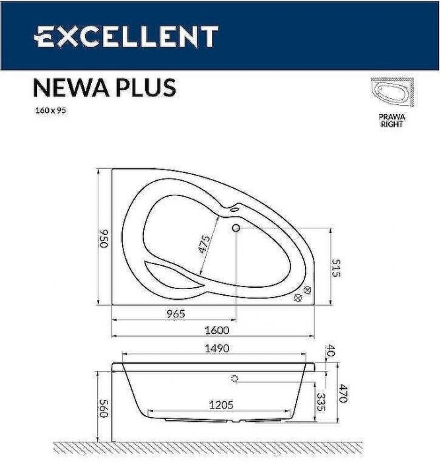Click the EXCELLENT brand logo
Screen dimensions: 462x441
[x=126, y=36]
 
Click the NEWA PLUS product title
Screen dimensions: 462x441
[x=104, y=88]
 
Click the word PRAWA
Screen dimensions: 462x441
[x=392, y=116]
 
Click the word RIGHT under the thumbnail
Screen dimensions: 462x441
[x=392, y=124]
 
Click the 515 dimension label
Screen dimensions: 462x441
[x=337, y=267]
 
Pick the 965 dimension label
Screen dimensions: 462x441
[x=174, y=313]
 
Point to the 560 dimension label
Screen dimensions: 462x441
[x=103, y=406]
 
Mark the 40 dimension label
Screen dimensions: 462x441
[x=331, y=351]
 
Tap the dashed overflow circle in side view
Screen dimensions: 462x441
[x=234, y=379]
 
